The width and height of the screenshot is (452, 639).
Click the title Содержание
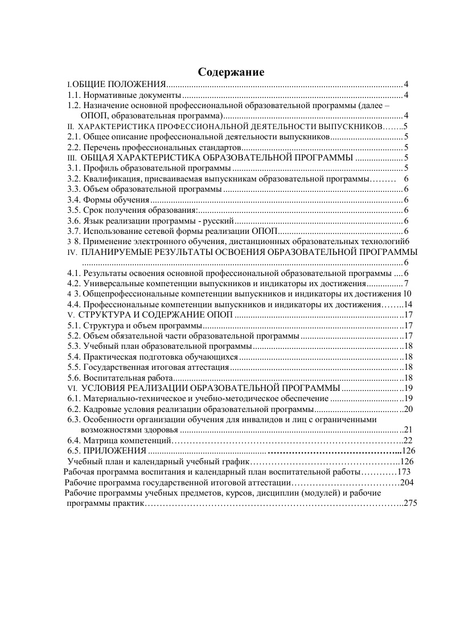click(231, 72)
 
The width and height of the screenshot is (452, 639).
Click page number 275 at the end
click(410, 504)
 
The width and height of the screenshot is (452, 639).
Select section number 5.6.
click(75, 378)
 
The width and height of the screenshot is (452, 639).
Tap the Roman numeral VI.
click(72, 388)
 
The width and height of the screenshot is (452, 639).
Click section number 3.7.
click(75, 230)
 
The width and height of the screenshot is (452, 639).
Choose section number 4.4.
click(75, 304)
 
